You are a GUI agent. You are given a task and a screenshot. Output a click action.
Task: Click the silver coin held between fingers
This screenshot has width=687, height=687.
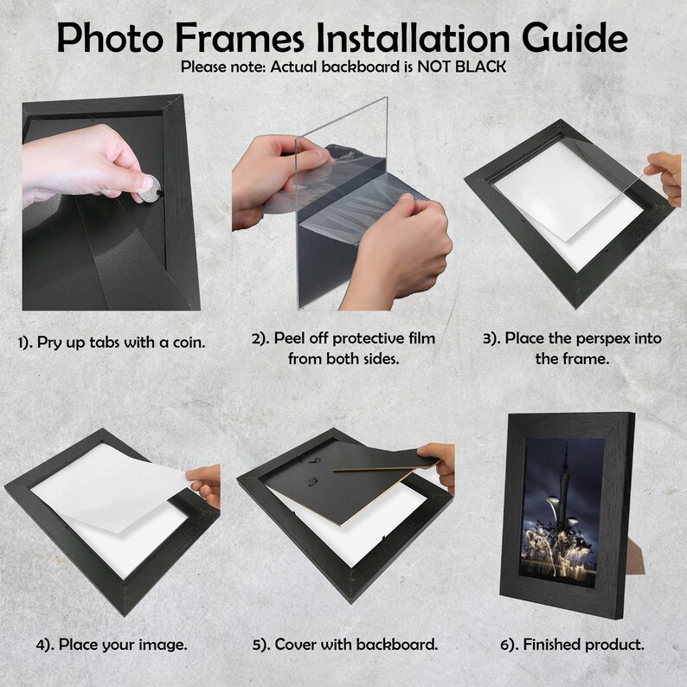[x=150, y=188]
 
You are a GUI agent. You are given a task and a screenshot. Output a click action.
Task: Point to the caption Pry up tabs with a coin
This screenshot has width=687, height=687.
[x=112, y=342]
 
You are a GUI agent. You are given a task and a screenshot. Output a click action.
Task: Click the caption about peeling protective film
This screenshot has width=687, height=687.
[x=343, y=348]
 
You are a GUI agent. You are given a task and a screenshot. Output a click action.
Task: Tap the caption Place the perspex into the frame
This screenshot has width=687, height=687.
[x=571, y=348]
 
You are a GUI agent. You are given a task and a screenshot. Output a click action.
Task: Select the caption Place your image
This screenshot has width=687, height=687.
[x=112, y=645]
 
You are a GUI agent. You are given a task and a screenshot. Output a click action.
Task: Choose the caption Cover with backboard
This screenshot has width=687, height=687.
[x=344, y=645]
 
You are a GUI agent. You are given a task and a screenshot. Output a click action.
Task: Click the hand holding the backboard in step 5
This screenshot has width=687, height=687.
[x=440, y=463]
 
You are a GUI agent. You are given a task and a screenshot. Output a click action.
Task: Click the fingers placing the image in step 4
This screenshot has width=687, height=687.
[x=206, y=483]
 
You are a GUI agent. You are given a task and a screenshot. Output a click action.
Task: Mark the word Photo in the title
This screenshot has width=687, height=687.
[x=111, y=38]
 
